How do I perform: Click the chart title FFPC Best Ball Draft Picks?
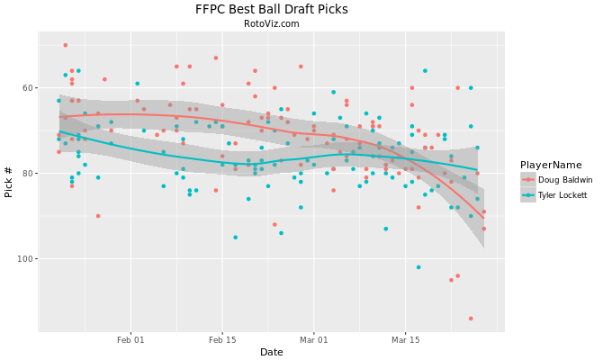(x=271, y=9)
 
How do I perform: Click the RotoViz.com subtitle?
(x=271, y=24)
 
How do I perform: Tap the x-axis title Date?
(x=271, y=351)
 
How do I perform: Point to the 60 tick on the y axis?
(x=24, y=88)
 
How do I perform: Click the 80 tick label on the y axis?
(x=24, y=174)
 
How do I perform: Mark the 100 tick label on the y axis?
(x=22, y=259)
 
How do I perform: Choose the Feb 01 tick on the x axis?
(x=130, y=340)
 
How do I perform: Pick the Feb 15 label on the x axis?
(x=222, y=340)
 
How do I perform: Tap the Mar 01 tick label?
(x=313, y=340)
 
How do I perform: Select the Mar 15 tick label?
(x=405, y=340)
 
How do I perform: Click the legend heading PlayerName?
(x=550, y=165)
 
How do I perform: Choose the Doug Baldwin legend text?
(x=565, y=180)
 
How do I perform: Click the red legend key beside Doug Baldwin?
(x=528, y=180)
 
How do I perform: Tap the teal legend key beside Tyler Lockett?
(x=528, y=195)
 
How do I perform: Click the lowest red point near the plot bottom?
(x=471, y=319)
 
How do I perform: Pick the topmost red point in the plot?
(x=65, y=45)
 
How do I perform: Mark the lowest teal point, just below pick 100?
(x=418, y=267)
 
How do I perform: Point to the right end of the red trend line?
(x=483, y=218)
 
